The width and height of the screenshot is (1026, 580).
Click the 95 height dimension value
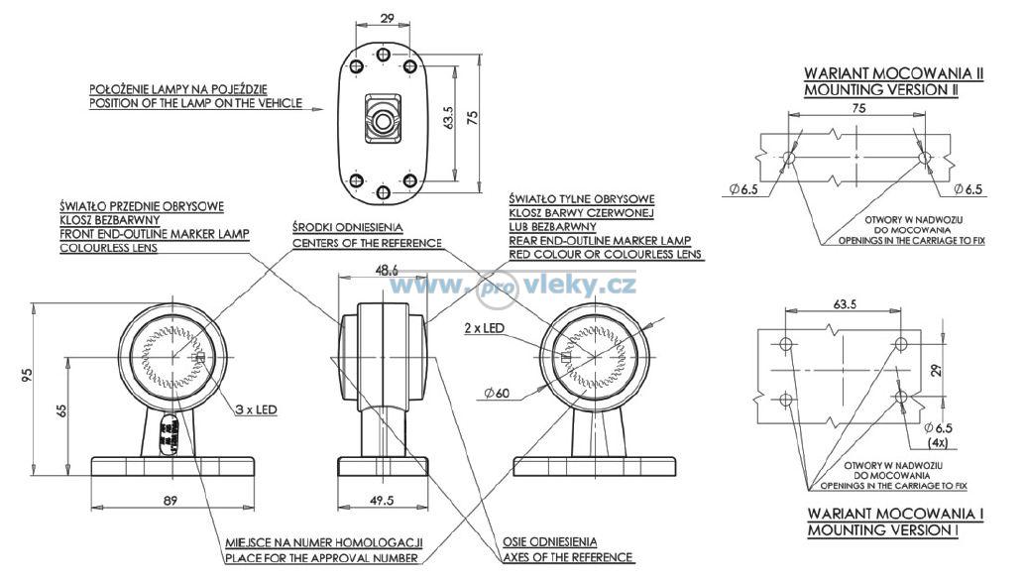click(x=27, y=375)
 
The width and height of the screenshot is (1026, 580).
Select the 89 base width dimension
click(x=171, y=501)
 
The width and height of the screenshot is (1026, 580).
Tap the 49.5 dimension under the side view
click(x=382, y=501)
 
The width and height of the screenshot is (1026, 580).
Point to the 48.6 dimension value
click(x=387, y=269)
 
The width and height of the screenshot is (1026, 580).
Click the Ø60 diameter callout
click(x=497, y=394)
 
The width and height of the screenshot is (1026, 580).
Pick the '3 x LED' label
click(x=257, y=409)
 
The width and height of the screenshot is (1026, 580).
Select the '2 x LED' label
click(x=484, y=328)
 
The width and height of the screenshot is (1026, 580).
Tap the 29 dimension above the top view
click(x=388, y=18)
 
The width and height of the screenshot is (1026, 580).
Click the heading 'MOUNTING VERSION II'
click(x=881, y=90)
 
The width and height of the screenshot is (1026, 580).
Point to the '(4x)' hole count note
click(x=938, y=443)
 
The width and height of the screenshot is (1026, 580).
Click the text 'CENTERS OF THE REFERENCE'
click(x=367, y=244)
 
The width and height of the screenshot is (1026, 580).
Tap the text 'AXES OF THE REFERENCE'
click(x=568, y=558)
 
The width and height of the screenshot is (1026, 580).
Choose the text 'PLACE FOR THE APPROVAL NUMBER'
click(x=321, y=558)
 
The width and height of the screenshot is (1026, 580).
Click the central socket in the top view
click(x=383, y=119)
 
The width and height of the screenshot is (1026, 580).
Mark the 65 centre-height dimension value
click(x=62, y=410)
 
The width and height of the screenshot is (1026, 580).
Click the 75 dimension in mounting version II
click(x=858, y=109)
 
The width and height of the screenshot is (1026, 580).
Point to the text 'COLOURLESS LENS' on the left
click(x=109, y=248)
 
